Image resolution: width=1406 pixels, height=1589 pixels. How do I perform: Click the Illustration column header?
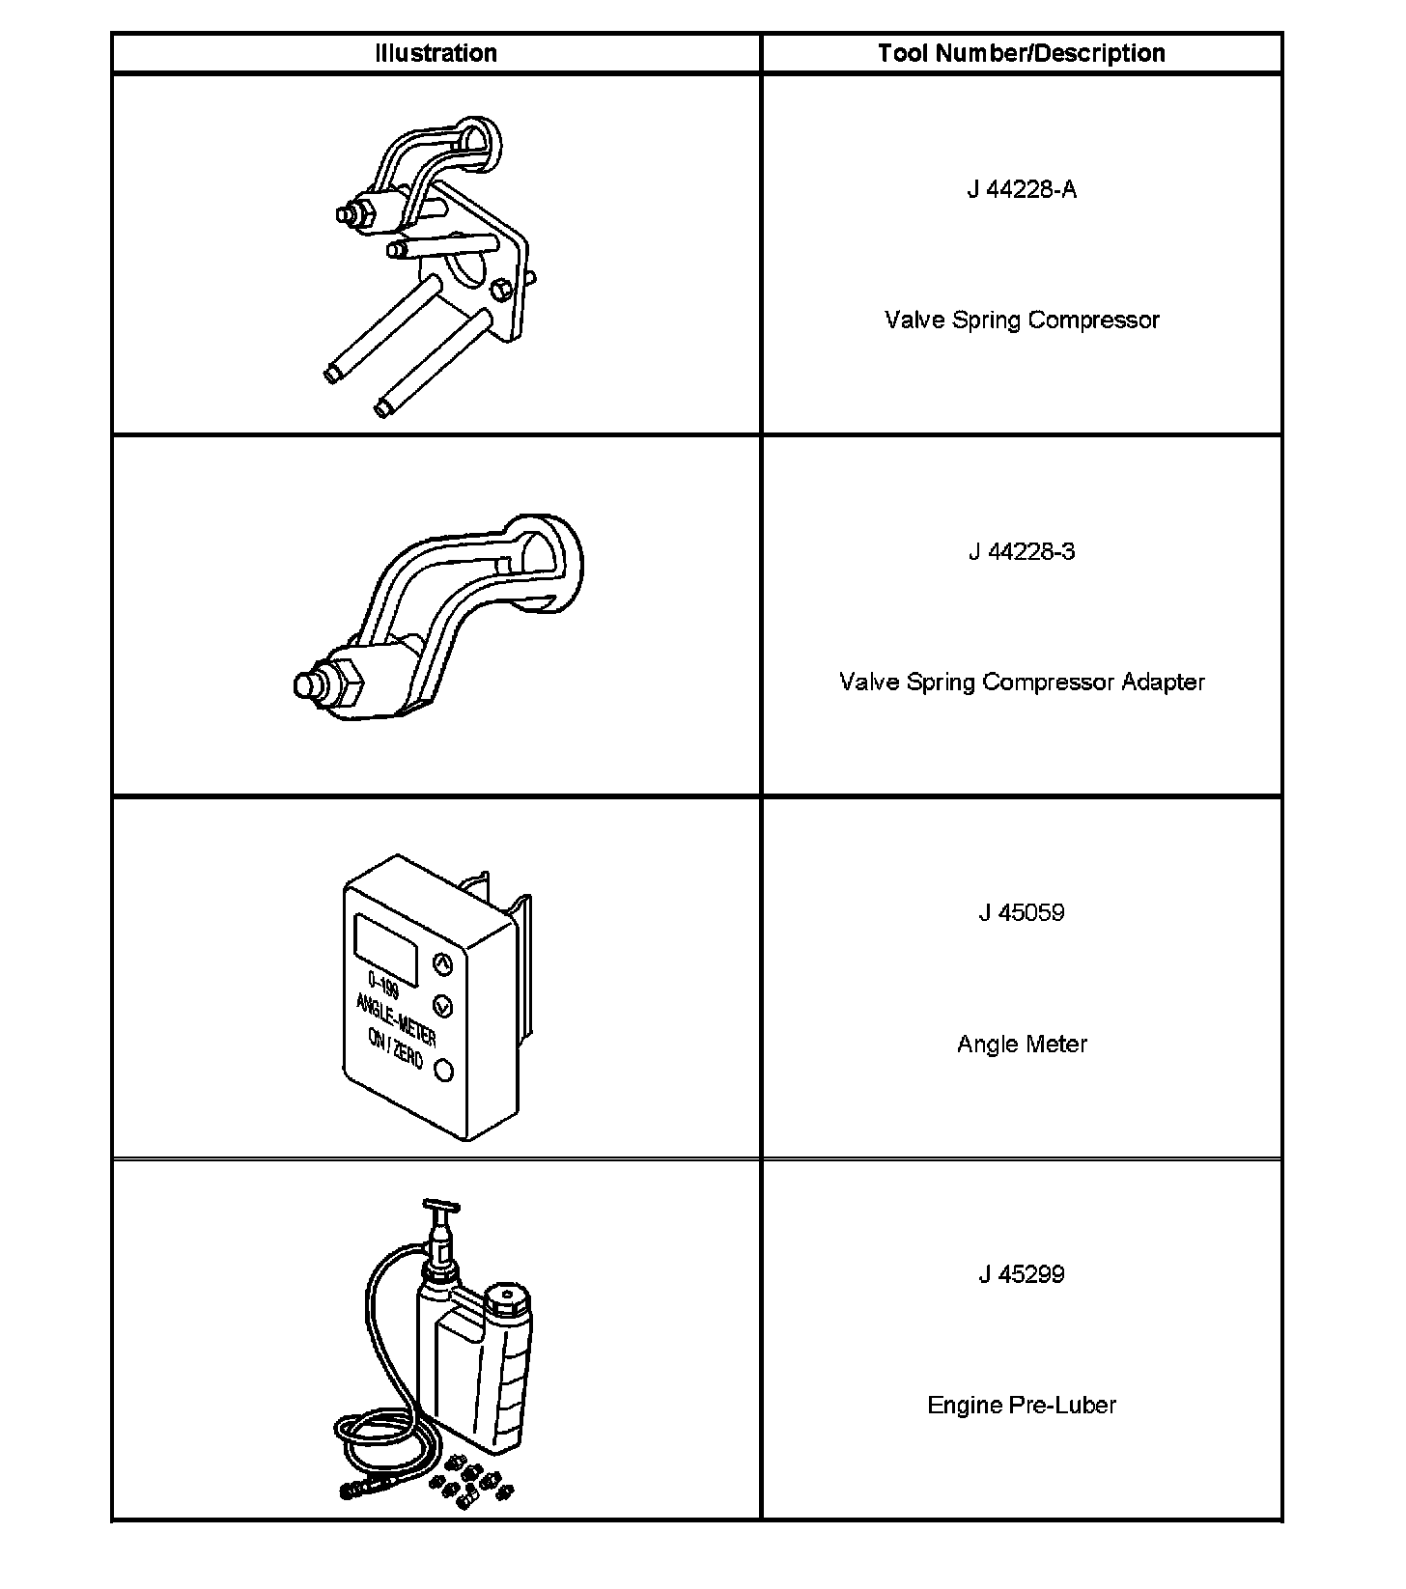click(436, 53)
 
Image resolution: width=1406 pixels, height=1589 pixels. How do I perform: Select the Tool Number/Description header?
click(1021, 53)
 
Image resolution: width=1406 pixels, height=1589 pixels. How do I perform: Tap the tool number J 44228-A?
click(1022, 189)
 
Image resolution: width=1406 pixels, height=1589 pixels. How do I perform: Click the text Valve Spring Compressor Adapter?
click(1022, 683)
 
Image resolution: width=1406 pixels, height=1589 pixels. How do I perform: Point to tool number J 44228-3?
click(1022, 552)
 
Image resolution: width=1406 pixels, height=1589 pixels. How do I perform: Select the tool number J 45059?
click(1022, 913)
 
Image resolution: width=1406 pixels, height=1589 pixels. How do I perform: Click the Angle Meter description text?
click(1022, 1045)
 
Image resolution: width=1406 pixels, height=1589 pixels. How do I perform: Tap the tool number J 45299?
click(1022, 1274)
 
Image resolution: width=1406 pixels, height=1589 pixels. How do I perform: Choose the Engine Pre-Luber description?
click(1022, 1406)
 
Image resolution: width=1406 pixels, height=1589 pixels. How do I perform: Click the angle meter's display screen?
click(386, 949)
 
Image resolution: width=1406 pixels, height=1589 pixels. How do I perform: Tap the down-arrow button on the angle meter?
click(443, 1006)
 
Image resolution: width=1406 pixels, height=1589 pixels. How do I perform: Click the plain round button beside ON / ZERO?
click(444, 1070)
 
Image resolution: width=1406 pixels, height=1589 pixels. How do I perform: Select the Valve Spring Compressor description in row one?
click(1022, 321)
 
